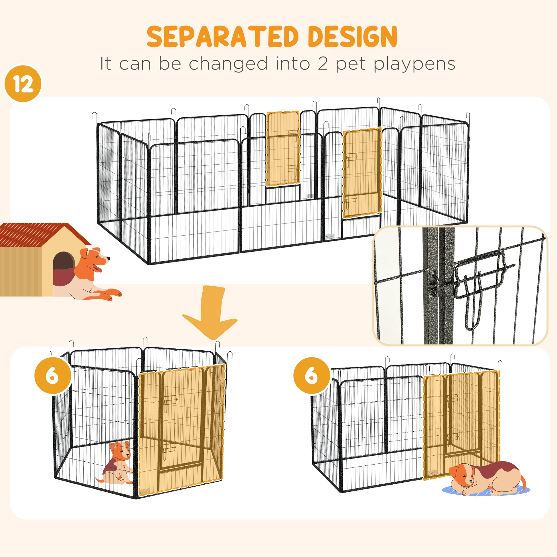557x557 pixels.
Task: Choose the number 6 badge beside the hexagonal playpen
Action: pos(52,376)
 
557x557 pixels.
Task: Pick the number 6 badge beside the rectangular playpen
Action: pos(311,376)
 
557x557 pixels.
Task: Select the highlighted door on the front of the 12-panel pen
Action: pos(362,173)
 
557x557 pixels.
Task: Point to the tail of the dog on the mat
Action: pos(523,481)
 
